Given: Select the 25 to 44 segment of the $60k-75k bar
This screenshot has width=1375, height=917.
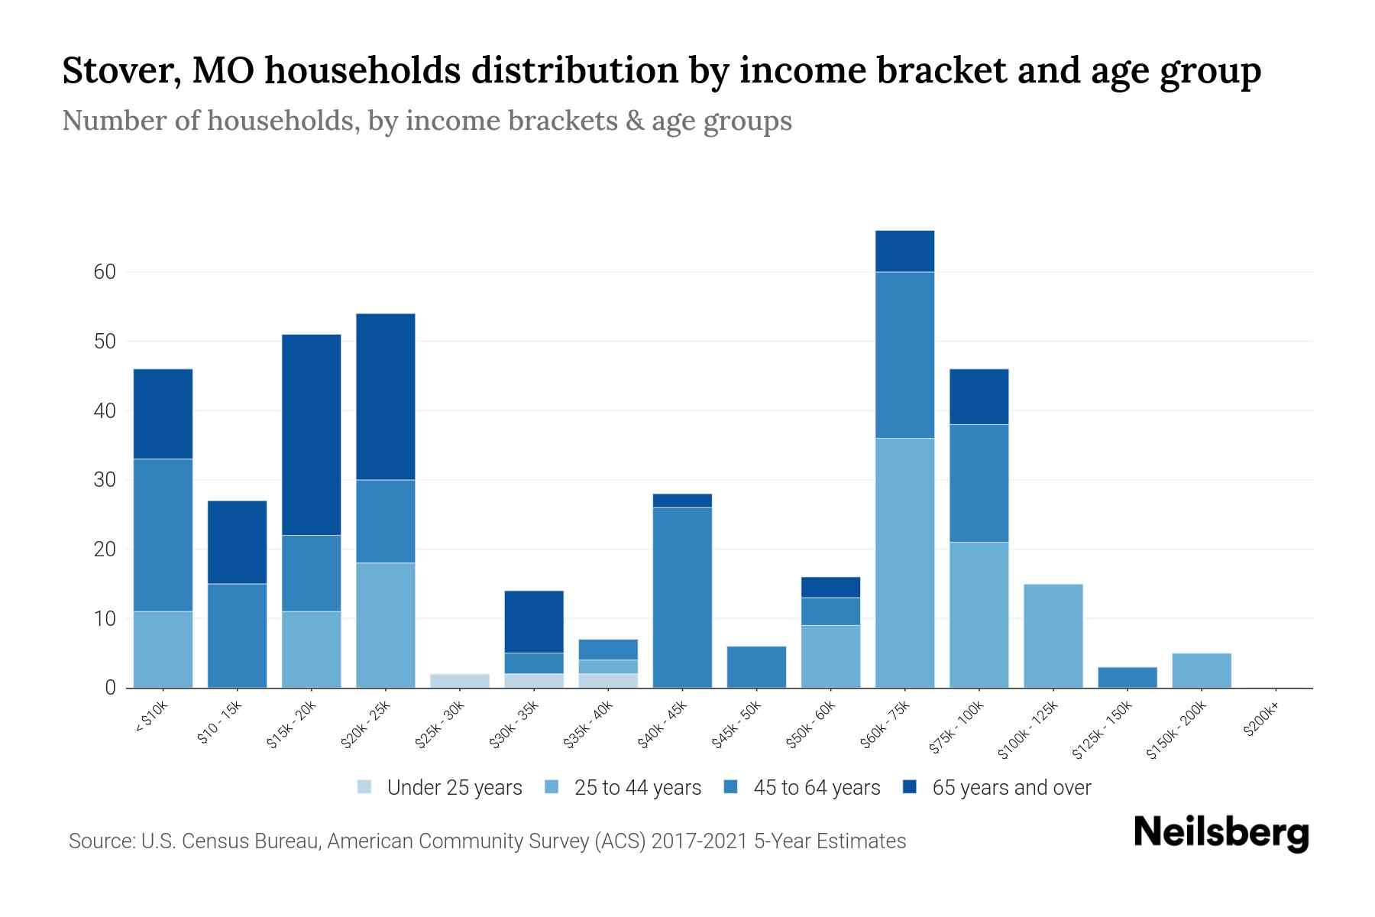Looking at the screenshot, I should (904, 562).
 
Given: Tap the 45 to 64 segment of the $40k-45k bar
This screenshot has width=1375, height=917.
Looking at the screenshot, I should (682, 597).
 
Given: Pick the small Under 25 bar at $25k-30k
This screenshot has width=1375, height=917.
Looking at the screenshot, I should (460, 680).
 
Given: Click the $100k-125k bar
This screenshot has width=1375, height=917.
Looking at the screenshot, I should (1053, 635).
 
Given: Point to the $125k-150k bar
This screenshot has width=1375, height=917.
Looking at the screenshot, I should (1127, 677).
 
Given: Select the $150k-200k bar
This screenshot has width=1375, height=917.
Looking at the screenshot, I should (1201, 670).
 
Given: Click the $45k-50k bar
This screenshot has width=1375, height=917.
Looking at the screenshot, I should (756, 666).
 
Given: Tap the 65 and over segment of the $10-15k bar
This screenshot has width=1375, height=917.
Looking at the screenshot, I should (237, 542).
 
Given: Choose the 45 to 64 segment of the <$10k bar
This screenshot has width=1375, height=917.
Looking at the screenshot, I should (163, 535).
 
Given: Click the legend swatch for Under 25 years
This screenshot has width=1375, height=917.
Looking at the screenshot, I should (365, 787).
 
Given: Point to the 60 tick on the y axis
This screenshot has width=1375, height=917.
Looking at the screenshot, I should (105, 272).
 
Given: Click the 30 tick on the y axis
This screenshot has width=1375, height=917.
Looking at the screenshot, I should (105, 480).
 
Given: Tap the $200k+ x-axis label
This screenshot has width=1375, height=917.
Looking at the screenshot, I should (1261, 721).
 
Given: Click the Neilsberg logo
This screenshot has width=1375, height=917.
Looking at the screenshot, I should (1221, 833).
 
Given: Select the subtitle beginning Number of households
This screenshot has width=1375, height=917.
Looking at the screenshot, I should (426, 121).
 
